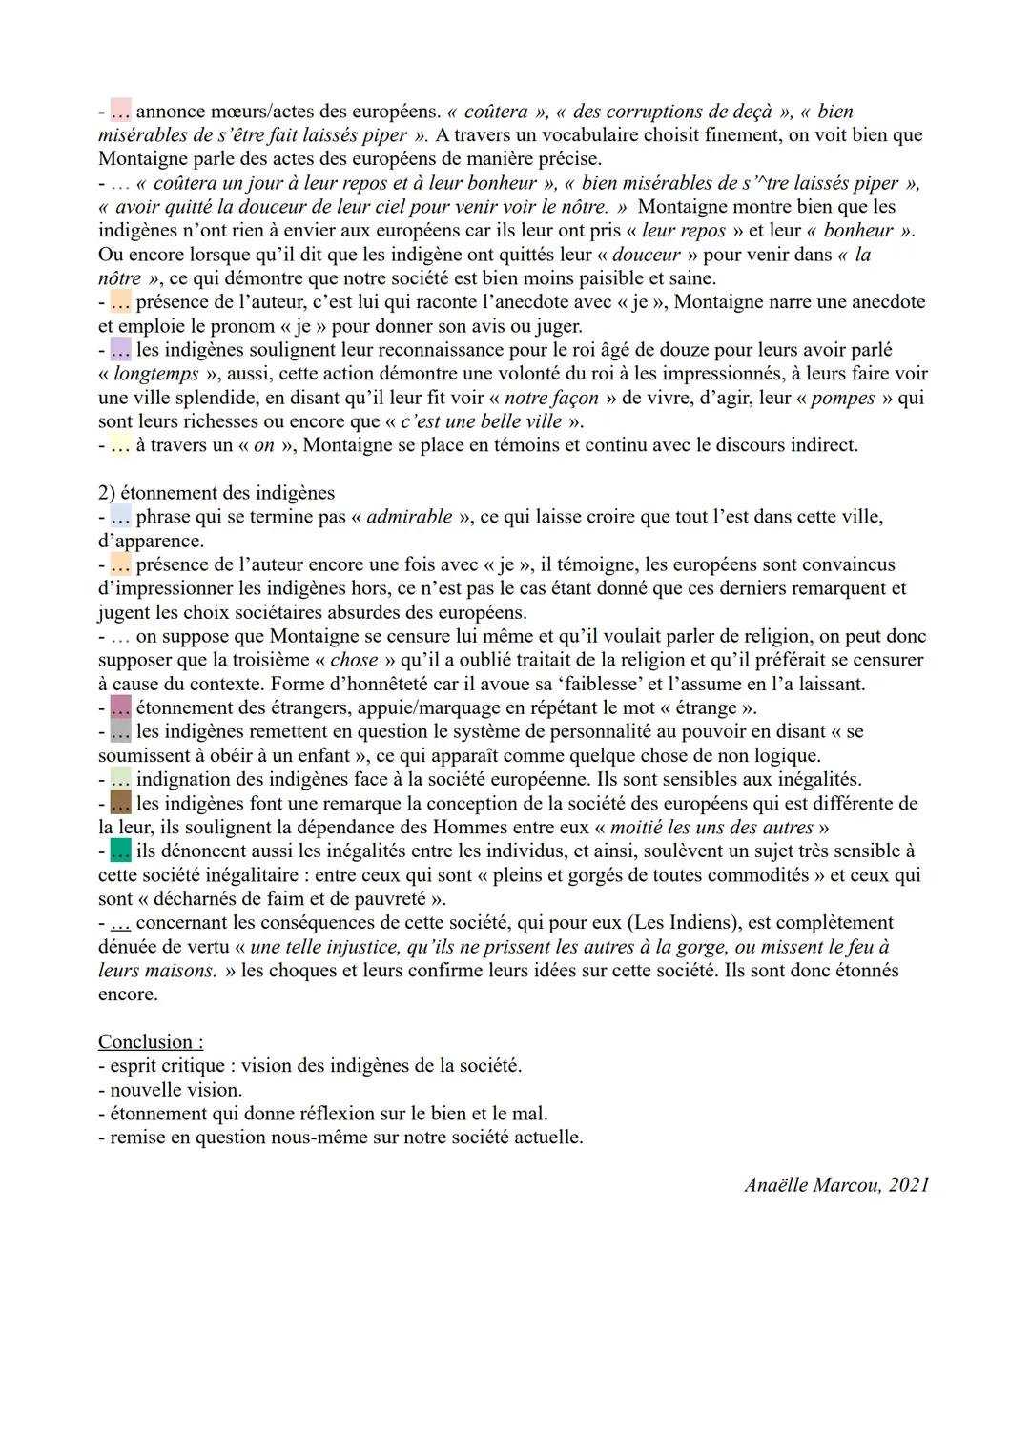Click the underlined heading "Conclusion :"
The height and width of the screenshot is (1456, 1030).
[x=151, y=1042]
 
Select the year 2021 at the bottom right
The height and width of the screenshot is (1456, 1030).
[x=908, y=1185]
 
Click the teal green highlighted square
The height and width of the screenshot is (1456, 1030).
[x=120, y=850]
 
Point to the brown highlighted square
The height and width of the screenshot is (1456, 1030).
[x=120, y=802]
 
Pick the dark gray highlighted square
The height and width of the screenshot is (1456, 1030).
[x=120, y=731]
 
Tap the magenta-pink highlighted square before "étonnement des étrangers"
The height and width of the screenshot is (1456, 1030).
[x=120, y=707]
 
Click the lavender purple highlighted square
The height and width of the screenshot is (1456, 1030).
[x=120, y=349]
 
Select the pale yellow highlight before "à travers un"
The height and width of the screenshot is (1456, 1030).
[x=120, y=444]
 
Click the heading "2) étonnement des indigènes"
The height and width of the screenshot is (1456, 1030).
[x=216, y=493]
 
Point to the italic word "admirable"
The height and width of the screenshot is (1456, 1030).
[x=409, y=517]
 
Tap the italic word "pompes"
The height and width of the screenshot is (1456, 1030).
[x=842, y=398]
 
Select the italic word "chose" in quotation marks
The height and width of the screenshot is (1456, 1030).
[x=355, y=660]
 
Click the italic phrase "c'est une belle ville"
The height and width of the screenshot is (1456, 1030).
[x=482, y=421]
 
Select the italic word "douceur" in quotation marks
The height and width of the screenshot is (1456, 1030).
[x=647, y=255]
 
